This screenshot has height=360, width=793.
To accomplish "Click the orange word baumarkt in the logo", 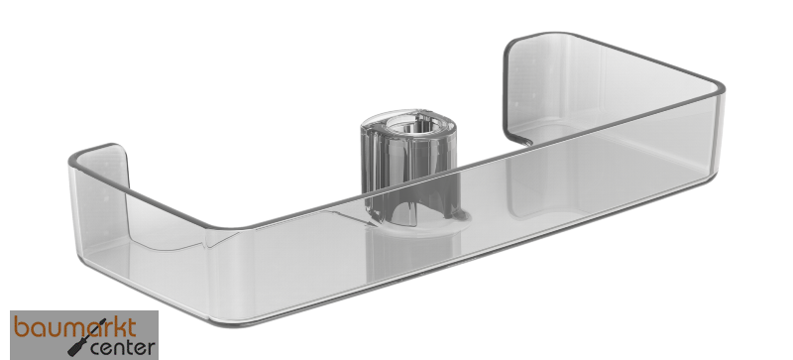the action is [x=76, y=327].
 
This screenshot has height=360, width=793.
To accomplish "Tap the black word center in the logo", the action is [x=123, y=348].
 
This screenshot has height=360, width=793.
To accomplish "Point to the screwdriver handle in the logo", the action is [x=75, y=348].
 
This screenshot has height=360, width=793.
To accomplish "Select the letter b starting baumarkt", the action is [x=21, y=327].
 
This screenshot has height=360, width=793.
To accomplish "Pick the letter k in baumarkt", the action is [x=118, y=328].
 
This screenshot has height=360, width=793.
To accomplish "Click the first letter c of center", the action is [x=97, y=349].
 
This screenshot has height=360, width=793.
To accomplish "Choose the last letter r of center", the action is [x=151, y=348].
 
